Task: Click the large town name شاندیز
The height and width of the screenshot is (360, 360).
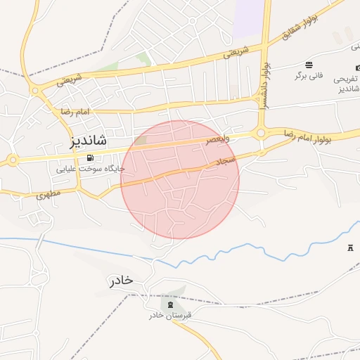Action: tap(89, 139)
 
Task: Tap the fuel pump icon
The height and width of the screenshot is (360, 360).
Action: tap(90, 157)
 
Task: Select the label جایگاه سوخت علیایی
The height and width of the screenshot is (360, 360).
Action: tap(91, 169)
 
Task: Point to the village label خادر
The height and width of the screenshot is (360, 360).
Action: tap(121, 281)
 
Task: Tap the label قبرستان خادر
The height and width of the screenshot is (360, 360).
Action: tap(169, 316)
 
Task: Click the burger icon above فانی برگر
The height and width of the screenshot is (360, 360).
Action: tap(309, 65)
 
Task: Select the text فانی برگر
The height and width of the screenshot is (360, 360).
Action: tap(309, 75)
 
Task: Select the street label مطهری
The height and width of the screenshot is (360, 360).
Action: tap(49, 192)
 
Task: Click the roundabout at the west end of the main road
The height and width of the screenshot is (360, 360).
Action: tap(13, 160)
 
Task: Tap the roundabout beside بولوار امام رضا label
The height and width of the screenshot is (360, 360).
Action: tap(261, 133)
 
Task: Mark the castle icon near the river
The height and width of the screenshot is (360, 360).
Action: tap(351, 248)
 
